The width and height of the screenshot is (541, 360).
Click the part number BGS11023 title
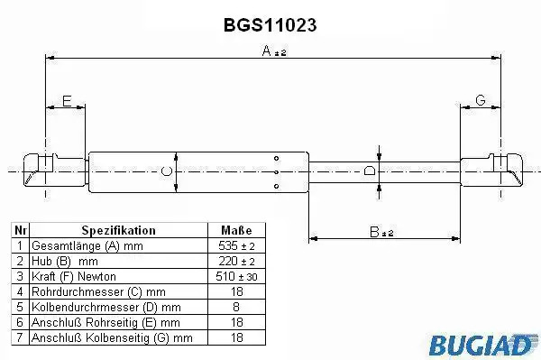270,25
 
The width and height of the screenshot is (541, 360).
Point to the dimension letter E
67,101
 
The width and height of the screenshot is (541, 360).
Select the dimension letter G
481,100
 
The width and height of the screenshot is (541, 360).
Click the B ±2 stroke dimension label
381,232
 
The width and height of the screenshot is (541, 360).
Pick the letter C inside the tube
166,171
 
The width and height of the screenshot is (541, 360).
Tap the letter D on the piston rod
370,171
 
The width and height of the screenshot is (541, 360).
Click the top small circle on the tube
277,159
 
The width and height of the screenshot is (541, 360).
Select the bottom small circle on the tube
277,187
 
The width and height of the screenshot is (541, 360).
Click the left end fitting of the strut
54,170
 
